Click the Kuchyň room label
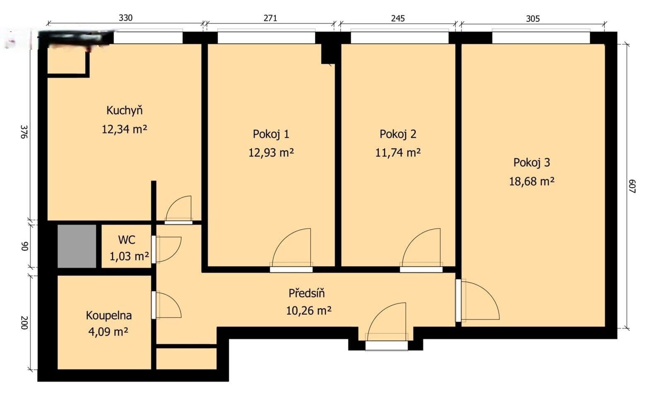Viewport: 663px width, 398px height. click(x=124, y=111)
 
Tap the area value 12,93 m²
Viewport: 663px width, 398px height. click(x=271, y=153)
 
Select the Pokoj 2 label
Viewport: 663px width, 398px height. click(x=398, y=134)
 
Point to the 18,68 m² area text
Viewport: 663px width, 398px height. click(x=532, y=181)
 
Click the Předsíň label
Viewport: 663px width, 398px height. click(x=307, y=293)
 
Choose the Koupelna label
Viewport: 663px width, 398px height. click(x=109, y=316)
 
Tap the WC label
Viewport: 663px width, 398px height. click(x=126, y=240)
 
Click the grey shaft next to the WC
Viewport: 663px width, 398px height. click(x=77, y=246)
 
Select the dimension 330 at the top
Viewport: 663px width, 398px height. click(x=126, y=18)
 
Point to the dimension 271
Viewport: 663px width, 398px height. click(x=270, y=18)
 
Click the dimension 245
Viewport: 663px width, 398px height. click(x=398, y=18)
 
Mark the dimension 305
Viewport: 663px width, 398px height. click(x=533, y=18)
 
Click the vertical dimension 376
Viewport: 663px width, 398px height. click(x=24, y=131)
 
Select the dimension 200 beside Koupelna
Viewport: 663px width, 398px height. click(x=24, y=323)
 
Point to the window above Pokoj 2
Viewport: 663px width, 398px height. click(x=399, y=38)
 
